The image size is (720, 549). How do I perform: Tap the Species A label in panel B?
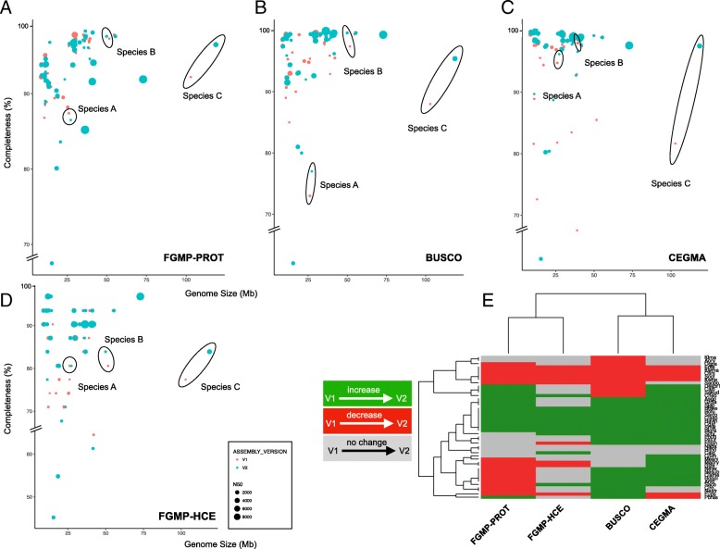point(339,185)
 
